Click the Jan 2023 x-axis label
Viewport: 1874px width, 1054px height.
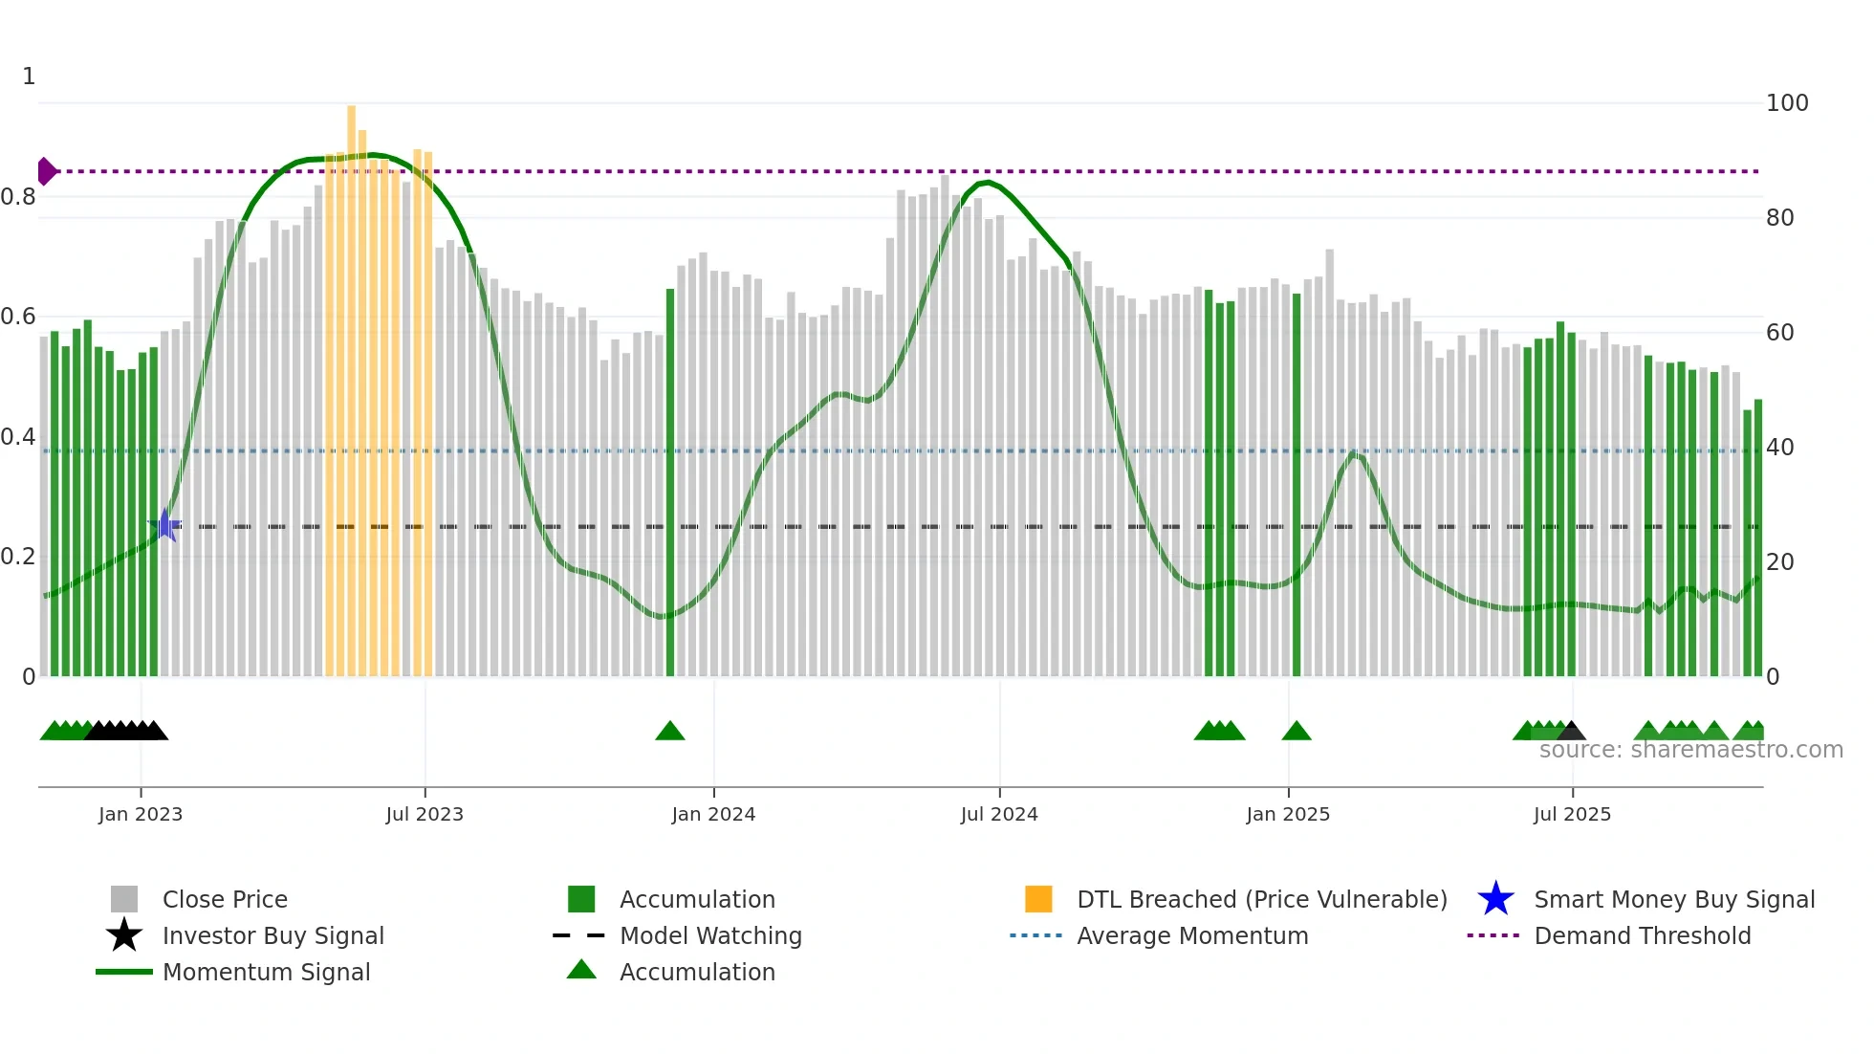point(140,814)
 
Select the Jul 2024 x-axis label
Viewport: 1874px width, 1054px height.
point(999,814)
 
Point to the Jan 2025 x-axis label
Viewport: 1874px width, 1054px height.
point(1288,814)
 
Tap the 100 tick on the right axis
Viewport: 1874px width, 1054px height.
point(1786,103)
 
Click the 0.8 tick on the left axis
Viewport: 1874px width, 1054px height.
point(19,197)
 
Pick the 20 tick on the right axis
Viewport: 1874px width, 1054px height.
point(1779,562)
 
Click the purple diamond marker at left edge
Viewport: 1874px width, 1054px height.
point(46,171)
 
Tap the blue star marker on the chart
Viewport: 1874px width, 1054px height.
point(164,525)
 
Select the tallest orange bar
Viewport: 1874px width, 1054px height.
point(351,383)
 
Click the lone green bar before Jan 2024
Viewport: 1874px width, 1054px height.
point(670,478)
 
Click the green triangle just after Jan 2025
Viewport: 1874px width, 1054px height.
point(1297,732)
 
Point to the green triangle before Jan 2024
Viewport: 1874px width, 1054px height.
point(670,732)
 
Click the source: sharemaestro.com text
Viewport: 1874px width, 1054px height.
point(1690,750)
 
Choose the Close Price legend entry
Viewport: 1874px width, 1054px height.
point(225,899)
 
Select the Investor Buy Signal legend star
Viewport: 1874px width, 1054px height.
point(124,935)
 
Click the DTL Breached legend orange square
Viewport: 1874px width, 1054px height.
point(1038,899)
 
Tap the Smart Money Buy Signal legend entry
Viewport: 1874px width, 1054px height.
point(1673,899)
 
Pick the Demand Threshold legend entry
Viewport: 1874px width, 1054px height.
point(1642,935)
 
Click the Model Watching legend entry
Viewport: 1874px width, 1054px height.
point(709,935)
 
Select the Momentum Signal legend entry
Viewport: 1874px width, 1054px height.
point(266,972)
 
